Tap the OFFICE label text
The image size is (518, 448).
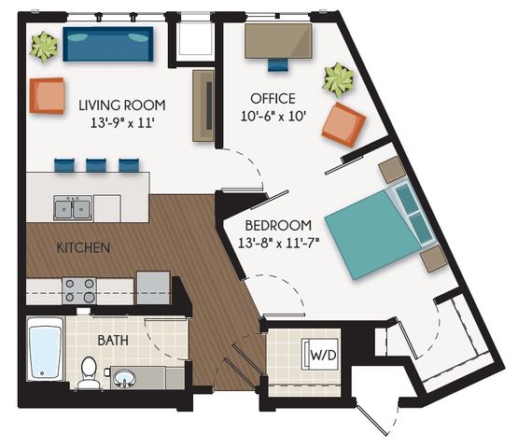[273, 99]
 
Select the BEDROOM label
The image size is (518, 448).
[279, 226]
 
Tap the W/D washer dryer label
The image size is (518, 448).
[323, 356]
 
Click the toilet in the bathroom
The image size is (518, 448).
[89, 372]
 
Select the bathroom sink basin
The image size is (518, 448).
[124, 377]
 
